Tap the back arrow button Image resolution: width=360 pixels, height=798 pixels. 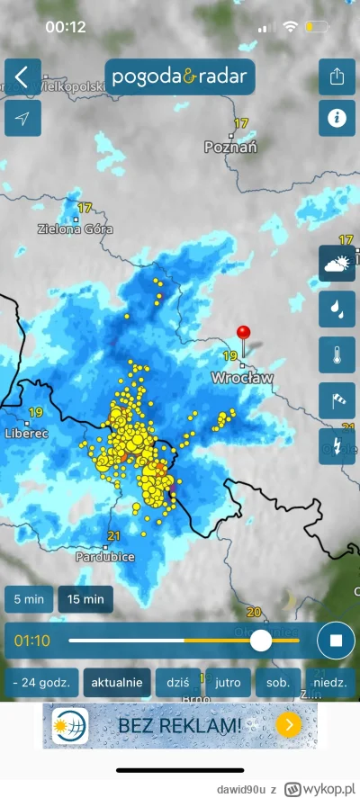point(22,76)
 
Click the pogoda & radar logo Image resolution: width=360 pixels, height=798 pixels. point(180,76)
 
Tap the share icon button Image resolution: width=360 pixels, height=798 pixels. point(337,76)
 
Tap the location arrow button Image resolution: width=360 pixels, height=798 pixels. point(22,119)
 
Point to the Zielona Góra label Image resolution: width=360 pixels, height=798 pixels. point(71,229)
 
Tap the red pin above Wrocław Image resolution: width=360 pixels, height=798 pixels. point(243,334)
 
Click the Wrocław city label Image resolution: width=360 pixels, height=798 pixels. point(241,378)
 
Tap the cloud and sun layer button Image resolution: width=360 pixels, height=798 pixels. point(337,264)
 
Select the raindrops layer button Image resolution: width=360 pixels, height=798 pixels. point(337,309)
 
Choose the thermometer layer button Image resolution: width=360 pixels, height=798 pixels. point(337,355)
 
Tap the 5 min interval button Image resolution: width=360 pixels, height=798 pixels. point(27,598)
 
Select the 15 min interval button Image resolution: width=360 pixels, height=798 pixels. point(85,598)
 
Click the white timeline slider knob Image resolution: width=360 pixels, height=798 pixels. point(261,641)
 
